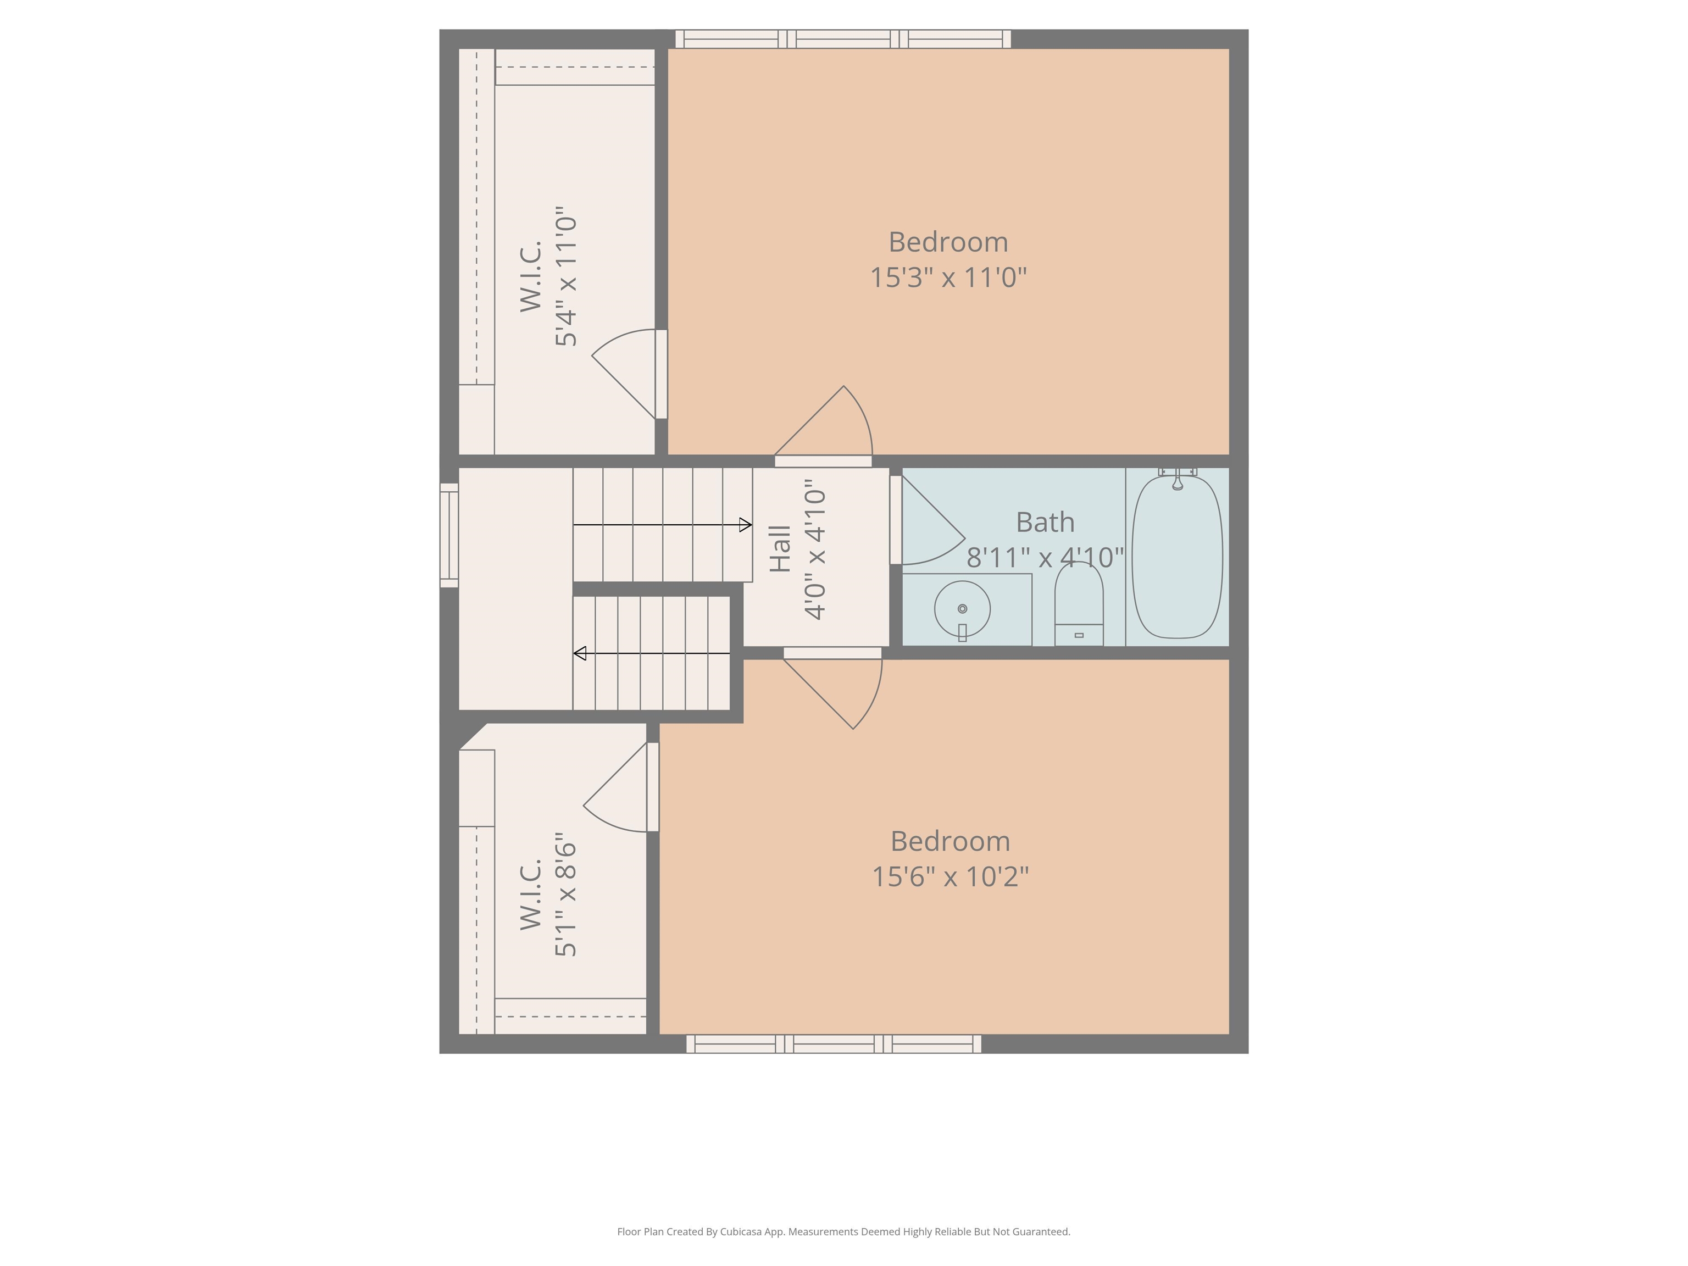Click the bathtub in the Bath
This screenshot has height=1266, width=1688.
click(1177, 557)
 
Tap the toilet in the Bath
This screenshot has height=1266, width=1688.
click(1078, 607)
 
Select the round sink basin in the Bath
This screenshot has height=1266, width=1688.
click(962, 608)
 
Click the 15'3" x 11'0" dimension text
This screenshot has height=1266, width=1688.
click(948, 277)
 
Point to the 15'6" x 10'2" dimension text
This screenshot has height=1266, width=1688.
click(950, 876)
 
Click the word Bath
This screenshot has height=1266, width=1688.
click(1045, 523)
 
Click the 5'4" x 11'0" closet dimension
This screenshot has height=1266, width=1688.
click(565, 276)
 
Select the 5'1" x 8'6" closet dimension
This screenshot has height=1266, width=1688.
click(565, 895)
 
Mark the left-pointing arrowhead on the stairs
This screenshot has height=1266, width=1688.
click(580, 653)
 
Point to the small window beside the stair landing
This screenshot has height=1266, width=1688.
click(449, 535)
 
